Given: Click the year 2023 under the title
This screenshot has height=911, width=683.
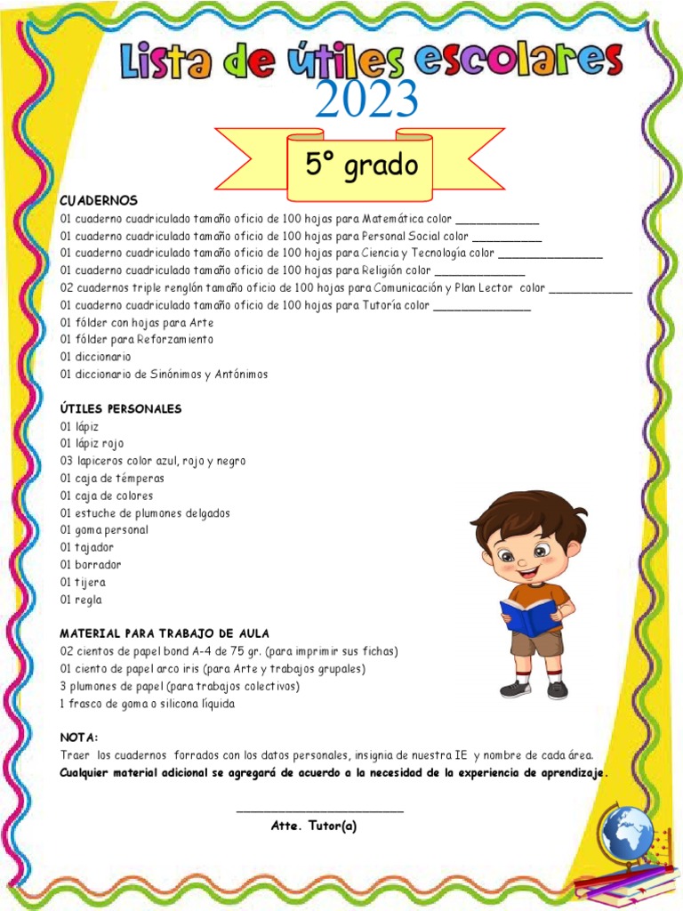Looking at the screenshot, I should click(x=366, y=100).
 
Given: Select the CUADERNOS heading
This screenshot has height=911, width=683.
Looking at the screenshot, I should click(x=99, y=201).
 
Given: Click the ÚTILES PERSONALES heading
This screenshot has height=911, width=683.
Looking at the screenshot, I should click(x=121, y=409).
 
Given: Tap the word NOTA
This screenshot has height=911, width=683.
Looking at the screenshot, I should click(x=78, y=738).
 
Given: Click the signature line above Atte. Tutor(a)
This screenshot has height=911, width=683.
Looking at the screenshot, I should click(x=320, y=810).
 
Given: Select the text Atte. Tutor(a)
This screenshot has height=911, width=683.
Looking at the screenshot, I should click(x=314, y=826).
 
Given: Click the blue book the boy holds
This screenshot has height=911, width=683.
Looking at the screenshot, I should click(x=528, y=616).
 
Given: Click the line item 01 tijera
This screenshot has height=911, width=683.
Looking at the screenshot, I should click(x=83, y=583).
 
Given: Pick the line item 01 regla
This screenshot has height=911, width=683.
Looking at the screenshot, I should click(x=82, y=601).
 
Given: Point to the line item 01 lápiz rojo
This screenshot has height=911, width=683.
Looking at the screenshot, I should click(x=92, y=444).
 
